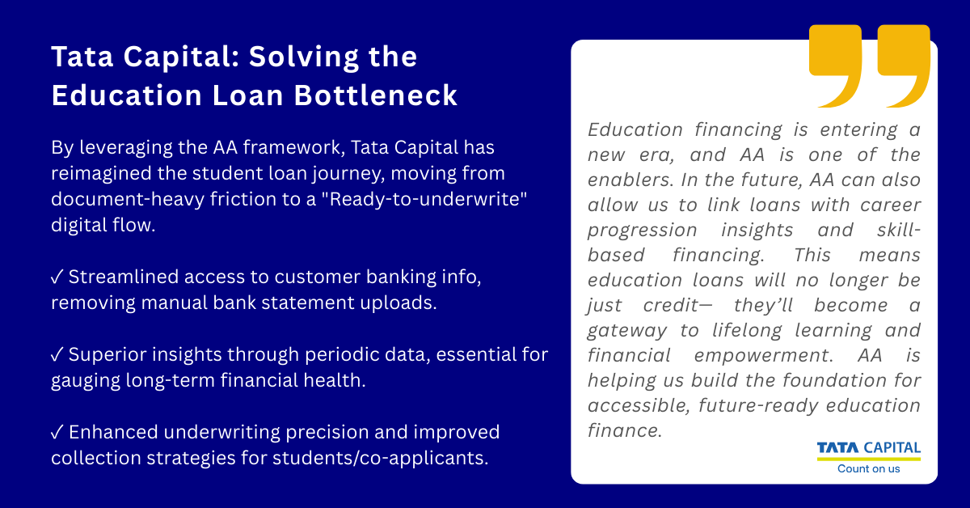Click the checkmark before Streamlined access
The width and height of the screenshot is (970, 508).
[x=57, y=277]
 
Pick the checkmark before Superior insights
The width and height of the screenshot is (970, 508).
[x=57, y=354]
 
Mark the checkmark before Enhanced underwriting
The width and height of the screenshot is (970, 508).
[x=57, y=432]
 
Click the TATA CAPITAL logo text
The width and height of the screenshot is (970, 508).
[x=868, y=448]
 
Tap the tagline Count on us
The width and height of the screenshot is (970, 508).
[x=868, y=468]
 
